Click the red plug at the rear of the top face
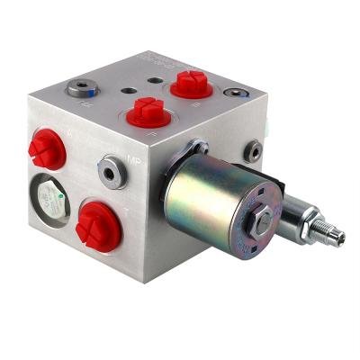(x=190, y=84)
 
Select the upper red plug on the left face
(x=47, y=148)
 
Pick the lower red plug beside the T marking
(x=96, y=224)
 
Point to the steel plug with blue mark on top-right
(x=236, y=96)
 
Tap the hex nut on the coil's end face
(x=255, y=221)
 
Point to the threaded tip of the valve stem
(x=334, y=236)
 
